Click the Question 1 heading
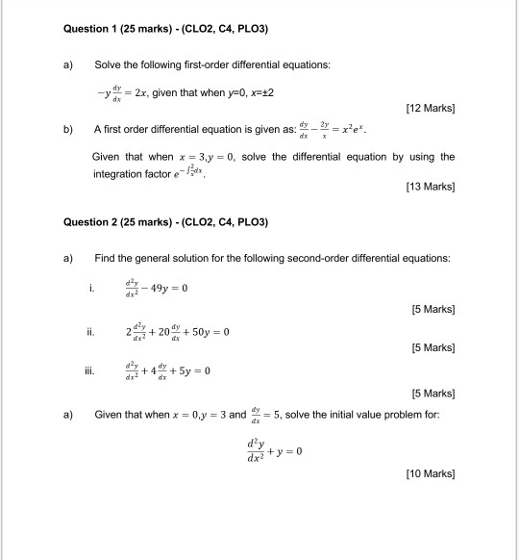pos(164,31)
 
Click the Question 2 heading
pos(164,223)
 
